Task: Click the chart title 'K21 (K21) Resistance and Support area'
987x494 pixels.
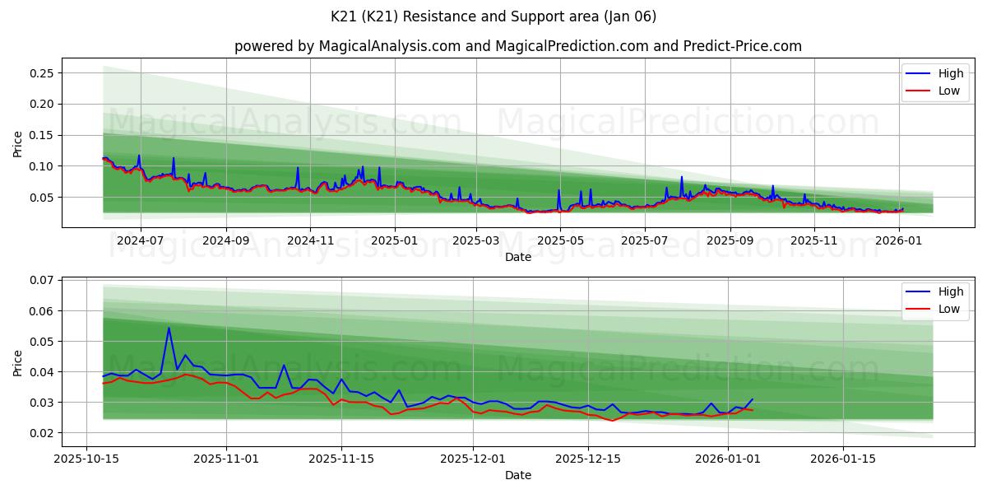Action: tap(493, 16)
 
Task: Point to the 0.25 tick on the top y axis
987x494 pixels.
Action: tap(41, 73)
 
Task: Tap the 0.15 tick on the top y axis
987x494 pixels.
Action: tap(41, 135)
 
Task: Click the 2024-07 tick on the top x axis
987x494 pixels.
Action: tap(140, 241)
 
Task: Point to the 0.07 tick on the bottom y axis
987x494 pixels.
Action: tap(41, 281)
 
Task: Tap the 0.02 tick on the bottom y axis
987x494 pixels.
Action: tap(41, 433)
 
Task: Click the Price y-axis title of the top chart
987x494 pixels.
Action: tap(18, 143)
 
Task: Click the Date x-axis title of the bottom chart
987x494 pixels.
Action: tap(517, 475)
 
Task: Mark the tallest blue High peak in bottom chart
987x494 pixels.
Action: tap(169, 328)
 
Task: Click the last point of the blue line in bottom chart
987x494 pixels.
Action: tap(752, 399)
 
